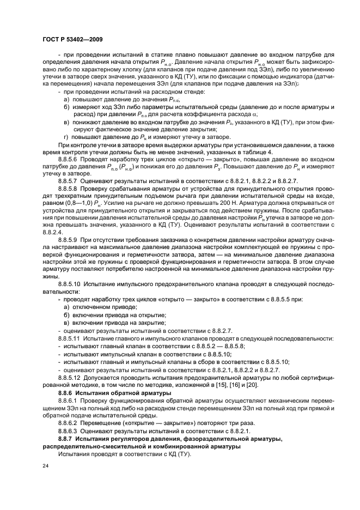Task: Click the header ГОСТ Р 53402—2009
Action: coord(72,39)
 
